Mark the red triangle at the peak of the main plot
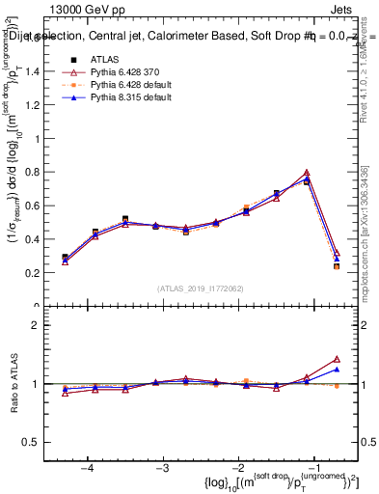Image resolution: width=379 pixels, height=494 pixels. point(307,173)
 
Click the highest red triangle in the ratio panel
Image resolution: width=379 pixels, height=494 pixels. point(337,359)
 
